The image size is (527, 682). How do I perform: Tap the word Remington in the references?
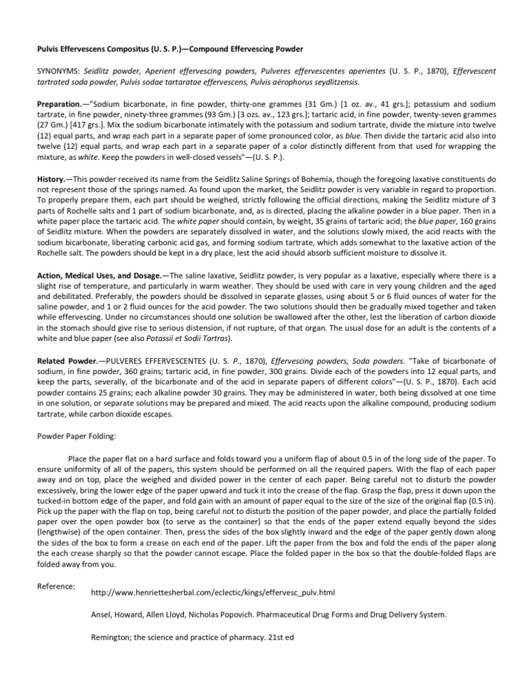[x=113, y=638]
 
